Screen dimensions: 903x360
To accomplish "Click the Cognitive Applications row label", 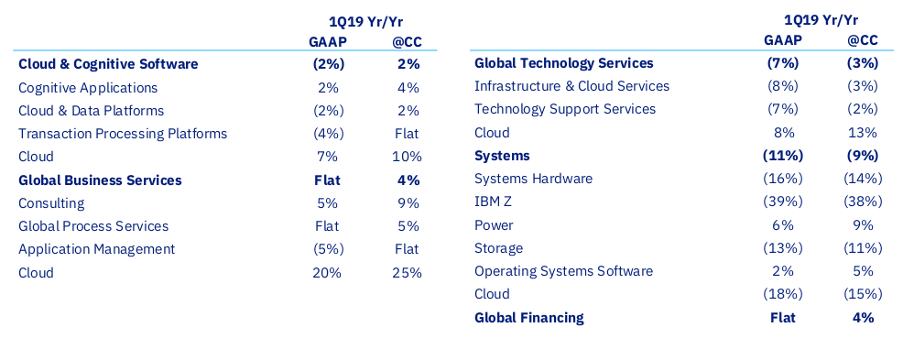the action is [x=88, y=88].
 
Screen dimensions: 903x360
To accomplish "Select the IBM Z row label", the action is [x=493, y=202].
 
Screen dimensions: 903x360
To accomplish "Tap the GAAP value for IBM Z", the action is [x=783, y=202].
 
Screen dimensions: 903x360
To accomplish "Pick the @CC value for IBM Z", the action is [x=863, y=202].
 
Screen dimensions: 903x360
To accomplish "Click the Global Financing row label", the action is [x=528, y=317].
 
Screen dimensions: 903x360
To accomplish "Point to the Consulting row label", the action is [x=51, y=203].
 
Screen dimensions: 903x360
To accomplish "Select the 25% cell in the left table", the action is [x=408, y=272].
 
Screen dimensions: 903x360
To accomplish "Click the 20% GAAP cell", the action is [x=327, y=272].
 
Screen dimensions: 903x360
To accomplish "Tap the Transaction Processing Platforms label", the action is [x=123, y=134].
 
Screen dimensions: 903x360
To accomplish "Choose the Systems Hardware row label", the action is [x=533, y=179].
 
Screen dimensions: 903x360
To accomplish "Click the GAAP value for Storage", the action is [x=783, y=248].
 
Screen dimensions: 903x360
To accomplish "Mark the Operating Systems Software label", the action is [x=564, y=271].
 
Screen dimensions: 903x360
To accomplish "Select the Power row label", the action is [x=494, y=224].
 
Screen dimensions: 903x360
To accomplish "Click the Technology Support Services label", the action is [x=565, y=109].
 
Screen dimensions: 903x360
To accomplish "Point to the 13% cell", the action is [x=863, y=133].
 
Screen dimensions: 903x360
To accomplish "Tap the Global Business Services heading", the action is [x=100, y=180].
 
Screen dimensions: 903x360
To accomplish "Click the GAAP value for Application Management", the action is [x=328, y=249].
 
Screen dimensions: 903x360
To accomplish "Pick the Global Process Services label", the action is [x=93, y=226].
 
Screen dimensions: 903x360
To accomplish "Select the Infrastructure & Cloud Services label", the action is [x=571, y=86].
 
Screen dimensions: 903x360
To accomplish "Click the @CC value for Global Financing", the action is [x=863, y=317].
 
